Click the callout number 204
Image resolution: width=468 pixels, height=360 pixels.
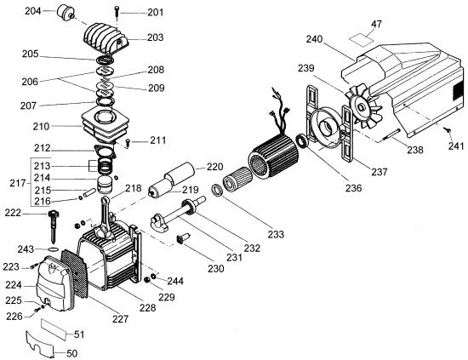pyautogui.click(x=33, y=11)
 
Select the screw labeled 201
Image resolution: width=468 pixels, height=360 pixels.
pyautogui.click(x=117, y=13)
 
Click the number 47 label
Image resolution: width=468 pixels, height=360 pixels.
pyautogui.click(x=376, y=24)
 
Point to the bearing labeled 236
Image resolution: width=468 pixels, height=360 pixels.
pyautogui.click(x=302, y=141)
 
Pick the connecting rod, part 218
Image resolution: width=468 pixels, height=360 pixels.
pyautogui.click(x=108, y=217)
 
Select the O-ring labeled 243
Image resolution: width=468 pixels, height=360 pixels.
pyautogui.click(x=54, y=249)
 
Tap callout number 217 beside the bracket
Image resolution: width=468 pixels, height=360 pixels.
pyautogui.click(x=18, y=183)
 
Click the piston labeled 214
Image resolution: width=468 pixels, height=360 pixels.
pyautogui.click(x=106, y=185)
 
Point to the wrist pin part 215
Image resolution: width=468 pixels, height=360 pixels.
pyautogui.click(x=90, y=192)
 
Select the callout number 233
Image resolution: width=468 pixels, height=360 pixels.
pyautogui.click(x=276, y=234)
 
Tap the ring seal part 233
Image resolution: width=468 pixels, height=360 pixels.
pyautogui.click(x=217, y=191)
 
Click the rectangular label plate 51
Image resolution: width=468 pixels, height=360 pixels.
pyautogui.click(x=54, y=329)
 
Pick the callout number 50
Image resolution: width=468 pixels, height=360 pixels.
pyautogui.click(x=71, y=354)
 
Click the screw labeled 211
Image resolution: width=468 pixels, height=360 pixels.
pyautogui.click(x=128, y=142)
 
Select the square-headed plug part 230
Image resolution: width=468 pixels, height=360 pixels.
pyautogui.click(x=182, y=238)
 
